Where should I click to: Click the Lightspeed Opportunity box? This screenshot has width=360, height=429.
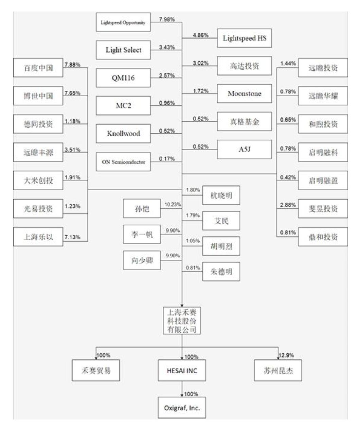pos(123,22)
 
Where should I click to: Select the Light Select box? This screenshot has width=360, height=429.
pos(123,50)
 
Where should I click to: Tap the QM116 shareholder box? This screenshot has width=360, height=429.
pos(123,78)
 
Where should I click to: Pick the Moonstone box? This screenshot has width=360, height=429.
pos(244,93)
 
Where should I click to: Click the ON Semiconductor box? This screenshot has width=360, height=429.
pos(123,162)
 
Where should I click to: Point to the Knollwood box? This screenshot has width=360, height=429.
pos(123,134)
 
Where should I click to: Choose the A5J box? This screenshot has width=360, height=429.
pos(244,149)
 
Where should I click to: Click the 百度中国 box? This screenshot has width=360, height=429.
pos(38,68)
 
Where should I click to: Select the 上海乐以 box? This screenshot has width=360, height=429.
pos(38,237)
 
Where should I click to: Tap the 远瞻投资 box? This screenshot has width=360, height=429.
pos(323,68)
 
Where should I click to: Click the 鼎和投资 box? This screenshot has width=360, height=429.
pos(323,237)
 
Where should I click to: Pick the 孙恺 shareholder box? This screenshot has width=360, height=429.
pos(142,209)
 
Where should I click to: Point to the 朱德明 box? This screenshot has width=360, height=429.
pos(221,272)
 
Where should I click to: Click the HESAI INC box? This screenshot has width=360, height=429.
pos(182,371)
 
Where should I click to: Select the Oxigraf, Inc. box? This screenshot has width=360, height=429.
pos(182,408)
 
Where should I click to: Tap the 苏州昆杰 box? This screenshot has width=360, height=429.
pos(278,371)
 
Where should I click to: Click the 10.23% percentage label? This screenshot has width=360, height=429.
pos(173,205)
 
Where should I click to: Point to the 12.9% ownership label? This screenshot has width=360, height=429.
pos(286,356)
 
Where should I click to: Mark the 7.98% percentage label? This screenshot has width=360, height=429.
pos(167,19)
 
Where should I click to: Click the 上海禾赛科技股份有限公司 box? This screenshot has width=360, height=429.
pos(182,320)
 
